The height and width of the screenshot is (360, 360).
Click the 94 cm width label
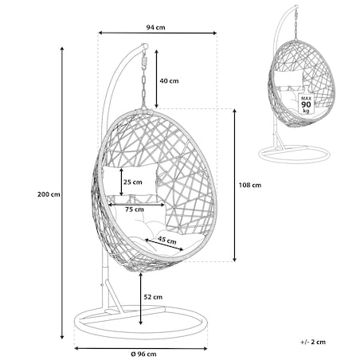pyautogui.click(x=155, y=27)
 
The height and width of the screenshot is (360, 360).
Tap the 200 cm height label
pyautogui.click(x=49, y=194)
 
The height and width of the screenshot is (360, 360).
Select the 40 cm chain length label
pyautogui.click(x=169, y=81)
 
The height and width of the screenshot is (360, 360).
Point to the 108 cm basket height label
pyautogui.click(x=250, y=185)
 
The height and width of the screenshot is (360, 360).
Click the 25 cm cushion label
pyautogui.click(x=132, y=182)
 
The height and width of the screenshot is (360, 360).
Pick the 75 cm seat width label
pyautogui.click(x=135, y=209)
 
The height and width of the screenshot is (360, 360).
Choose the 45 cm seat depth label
pyautogui.click(x=167, y=240)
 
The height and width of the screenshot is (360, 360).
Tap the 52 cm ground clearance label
pyautogui.click(x=153, y=297)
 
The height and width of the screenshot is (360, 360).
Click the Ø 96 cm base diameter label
pyautogui.click(x=143, y=354)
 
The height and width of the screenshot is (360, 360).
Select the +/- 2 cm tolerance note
pyautogui.click(x=313, y=342)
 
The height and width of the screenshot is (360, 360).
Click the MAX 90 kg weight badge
pyautogui.click(x=306, y=104)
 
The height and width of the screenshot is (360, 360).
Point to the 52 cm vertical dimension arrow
pyautogui.click(x=140, y=299)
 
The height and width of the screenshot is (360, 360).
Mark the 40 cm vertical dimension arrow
pyautogui.click(x=157, y=79)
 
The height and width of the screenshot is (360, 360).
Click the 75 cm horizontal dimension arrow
pyautogui.click(x=136, y=205)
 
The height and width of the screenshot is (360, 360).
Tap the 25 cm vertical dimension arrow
pyautogui.click(x=121, y=182)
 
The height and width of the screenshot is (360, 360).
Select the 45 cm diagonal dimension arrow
pyautogui.click(x=164, y=245)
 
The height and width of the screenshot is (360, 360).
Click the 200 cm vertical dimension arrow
pyautogui.click(x=62, y=193)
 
